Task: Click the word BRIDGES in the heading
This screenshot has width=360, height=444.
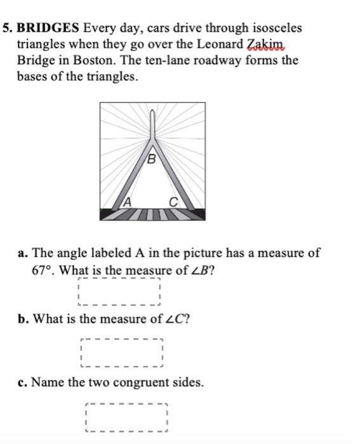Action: tap(49, 29)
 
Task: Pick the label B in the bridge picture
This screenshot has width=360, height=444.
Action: tap(151, 159)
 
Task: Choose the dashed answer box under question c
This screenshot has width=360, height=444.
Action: tap(125, 417)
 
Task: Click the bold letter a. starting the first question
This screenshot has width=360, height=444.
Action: tap(22, 253)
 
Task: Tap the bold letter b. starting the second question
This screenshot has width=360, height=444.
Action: tap(23, 318)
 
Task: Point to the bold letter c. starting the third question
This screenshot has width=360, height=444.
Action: tap(22, 382)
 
